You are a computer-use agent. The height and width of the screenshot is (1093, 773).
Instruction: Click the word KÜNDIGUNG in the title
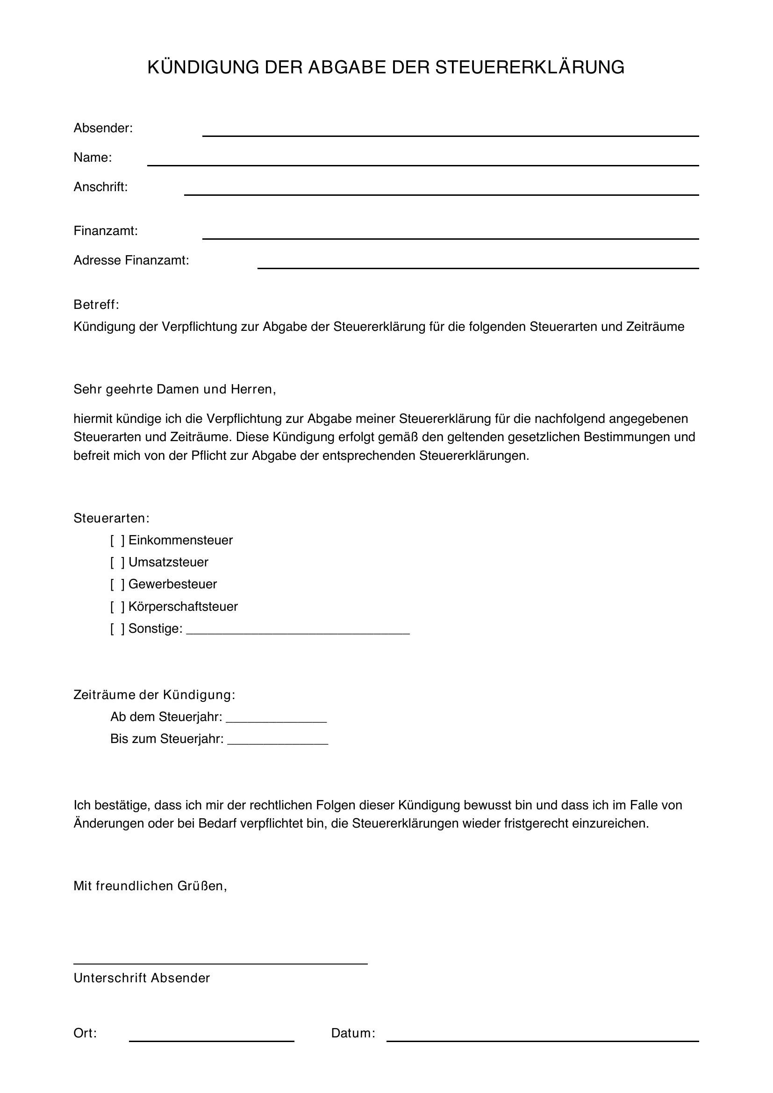(203, 68)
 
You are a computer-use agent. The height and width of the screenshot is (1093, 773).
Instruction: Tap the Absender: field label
(103, 128)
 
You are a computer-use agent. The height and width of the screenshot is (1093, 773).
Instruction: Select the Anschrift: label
(100, 187)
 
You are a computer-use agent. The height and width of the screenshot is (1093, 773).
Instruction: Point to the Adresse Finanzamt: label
(131, 260)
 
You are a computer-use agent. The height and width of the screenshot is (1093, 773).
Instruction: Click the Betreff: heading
(96, 305)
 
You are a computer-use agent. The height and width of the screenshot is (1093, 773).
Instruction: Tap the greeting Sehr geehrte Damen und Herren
(175, 389)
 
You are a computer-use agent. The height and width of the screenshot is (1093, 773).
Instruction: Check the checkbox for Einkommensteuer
(117, 540)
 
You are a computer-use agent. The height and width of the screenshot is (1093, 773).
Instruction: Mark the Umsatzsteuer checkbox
(117, 562)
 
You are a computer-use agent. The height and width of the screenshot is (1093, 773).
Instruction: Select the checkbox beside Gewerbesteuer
(117, 584)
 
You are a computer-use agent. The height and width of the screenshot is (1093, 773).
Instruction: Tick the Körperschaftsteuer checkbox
(117, 607)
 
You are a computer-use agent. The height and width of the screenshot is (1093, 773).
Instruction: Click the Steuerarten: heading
(111, 518)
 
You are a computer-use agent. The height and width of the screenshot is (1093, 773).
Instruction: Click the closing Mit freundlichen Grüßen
(150, 886)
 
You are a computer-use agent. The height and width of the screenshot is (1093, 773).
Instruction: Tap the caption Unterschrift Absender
(141, 978)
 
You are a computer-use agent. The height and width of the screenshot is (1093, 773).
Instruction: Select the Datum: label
(353, 1033)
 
